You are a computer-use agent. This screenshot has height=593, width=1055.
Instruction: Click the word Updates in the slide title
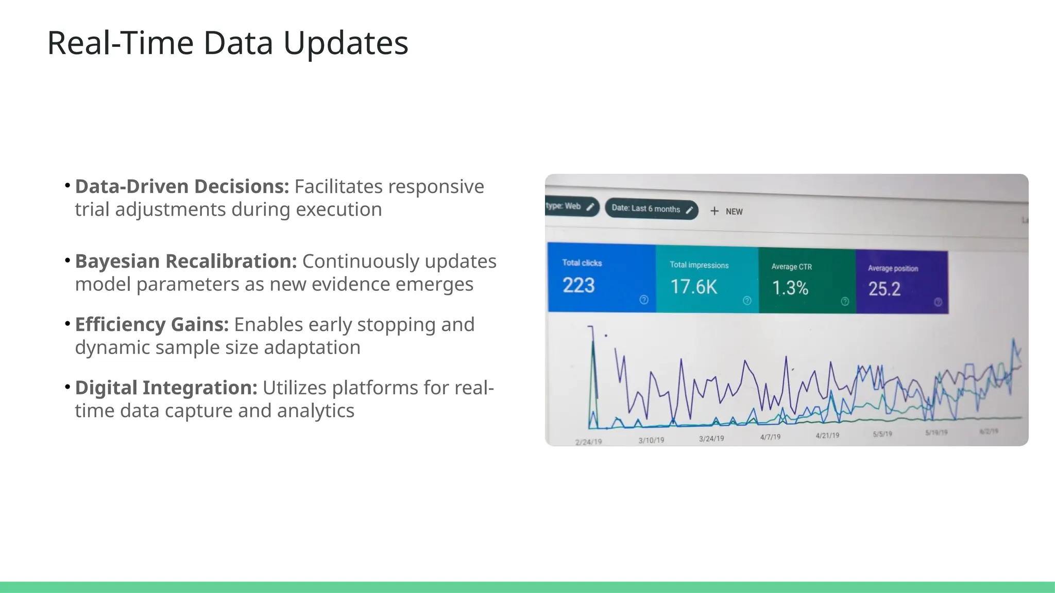pos(346,43)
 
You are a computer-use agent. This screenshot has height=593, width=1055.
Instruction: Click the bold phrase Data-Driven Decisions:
pos(182,186)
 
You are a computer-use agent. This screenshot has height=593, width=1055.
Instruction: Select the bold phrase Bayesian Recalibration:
pos(186,261)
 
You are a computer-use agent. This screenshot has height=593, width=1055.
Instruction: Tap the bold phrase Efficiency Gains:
pos(152,324)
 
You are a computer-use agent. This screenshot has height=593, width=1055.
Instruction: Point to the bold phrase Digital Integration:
pos(166,388)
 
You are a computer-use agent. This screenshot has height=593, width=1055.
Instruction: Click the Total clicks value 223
pos(578,285)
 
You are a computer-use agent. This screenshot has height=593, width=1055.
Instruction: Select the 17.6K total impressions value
pos(693,287)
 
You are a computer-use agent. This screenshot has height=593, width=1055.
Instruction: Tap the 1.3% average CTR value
pos(790,288)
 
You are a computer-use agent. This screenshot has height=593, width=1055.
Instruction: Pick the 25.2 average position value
pos(884,289)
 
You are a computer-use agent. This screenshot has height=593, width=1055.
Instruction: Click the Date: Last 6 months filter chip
pos(651,209)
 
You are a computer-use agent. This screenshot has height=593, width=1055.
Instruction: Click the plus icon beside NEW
pos(714,211)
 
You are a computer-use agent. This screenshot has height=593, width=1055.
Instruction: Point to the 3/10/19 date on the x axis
pos(651,441)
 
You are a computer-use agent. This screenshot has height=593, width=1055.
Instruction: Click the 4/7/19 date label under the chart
pos(770,437)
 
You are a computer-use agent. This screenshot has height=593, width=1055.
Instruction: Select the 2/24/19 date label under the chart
pos(588,442)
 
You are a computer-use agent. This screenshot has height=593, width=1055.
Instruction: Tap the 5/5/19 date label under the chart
pos(882,434)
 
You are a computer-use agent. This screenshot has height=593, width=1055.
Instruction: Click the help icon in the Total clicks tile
pos(644,300)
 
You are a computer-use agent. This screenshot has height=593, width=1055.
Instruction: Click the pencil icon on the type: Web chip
pos(590,206)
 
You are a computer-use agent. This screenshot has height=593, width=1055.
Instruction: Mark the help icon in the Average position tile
pos(938,302)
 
